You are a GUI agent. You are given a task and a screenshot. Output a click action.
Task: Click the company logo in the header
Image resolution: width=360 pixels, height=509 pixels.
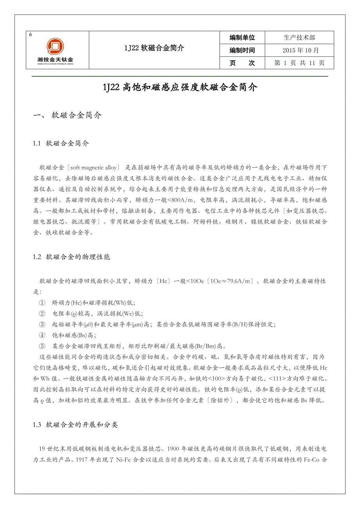point(55,50)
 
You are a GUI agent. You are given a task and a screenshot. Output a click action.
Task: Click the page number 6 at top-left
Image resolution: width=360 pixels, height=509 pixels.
point(31,34)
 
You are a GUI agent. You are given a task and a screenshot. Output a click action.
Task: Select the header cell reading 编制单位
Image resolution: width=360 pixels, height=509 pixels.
point(242,38)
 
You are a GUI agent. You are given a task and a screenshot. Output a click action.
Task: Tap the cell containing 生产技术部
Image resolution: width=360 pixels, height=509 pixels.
point(299,38)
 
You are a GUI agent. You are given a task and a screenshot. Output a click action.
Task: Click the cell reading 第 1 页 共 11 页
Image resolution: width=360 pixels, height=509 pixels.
point(299,63)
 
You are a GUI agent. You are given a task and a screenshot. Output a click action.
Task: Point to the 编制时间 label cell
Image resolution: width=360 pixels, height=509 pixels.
point(242,50)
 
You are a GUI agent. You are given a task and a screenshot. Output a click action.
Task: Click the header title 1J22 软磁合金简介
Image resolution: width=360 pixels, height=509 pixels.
point(154,48)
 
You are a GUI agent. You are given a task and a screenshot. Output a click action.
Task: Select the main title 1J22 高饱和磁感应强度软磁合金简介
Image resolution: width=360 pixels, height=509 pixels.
point(180,88)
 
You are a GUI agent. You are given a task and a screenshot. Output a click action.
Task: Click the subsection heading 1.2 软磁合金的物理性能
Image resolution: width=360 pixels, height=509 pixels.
point(72,257)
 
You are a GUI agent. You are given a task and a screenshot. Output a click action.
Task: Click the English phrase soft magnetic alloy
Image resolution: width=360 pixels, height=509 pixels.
point(94,168)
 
